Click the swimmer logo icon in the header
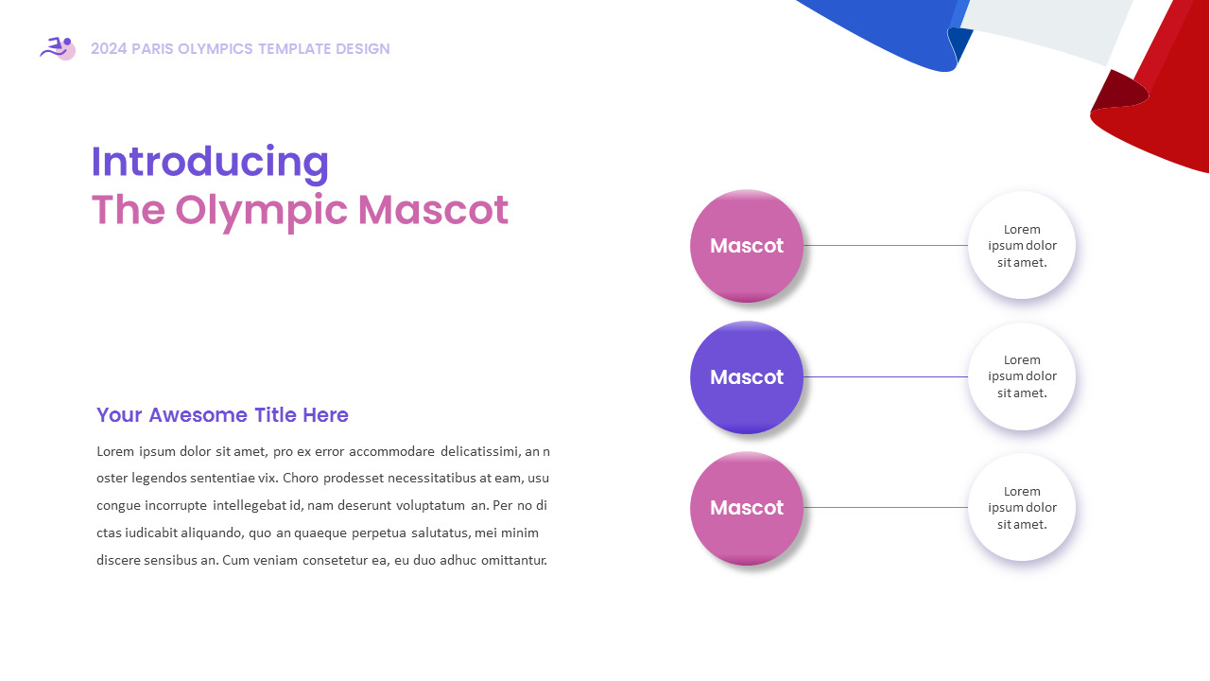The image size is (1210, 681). (x=58, y=48)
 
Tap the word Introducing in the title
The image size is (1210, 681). (x=210, y=162)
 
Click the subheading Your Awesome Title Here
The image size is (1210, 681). (x=222, y=415)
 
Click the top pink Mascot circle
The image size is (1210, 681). (x=747, y=246)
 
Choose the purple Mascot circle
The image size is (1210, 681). (x=747, y=377)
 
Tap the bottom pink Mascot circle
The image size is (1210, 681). (x=747, y=508)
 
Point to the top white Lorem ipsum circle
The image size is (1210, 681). (x=1022, y=245)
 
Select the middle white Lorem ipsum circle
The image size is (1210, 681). (x=1022, y=376)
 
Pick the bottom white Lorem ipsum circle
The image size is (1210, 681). (x=1022, y=508)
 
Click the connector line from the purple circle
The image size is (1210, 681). (x=886, y=376)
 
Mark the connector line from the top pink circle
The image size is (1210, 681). (x=886, y=246)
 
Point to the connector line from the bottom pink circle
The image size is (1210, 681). (x=886, y=508)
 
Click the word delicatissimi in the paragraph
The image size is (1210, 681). (x=482, y=451)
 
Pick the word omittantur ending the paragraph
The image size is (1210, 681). (x=514, y=561)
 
